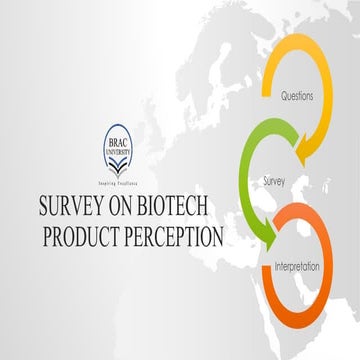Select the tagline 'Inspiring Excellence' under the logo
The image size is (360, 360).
[130, 186]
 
